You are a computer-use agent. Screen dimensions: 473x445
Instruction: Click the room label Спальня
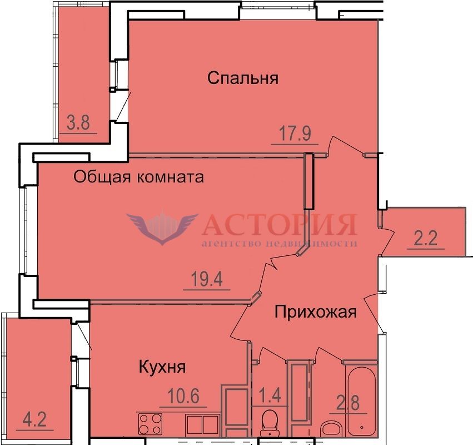tap(243, 78)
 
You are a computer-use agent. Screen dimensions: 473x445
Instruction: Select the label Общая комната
tap(139, 177)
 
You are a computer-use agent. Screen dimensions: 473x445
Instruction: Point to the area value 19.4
tap(207, 279)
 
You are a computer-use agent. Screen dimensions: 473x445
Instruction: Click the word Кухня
tap(162, 367)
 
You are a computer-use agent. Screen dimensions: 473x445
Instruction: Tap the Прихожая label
tap(316, 312)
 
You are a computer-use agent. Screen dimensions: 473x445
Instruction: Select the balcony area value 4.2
tap(34, 419)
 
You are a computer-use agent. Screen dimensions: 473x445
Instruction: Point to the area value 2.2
tap(426, 239)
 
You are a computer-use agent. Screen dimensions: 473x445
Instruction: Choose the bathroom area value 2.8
tap(348, 403)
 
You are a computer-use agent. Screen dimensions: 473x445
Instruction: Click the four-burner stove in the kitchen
tap(150, 424)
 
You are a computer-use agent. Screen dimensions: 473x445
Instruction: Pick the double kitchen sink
tap(202, 424)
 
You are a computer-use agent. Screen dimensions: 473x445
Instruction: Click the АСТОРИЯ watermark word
tap(280, 224)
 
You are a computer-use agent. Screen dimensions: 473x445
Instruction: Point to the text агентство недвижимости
tap(280, 243)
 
